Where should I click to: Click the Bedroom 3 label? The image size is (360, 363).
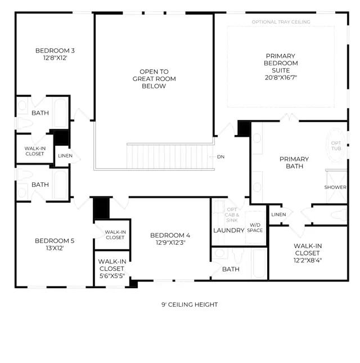coord(55,51)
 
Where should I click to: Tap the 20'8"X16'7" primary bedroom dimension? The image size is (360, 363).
coord(281,78)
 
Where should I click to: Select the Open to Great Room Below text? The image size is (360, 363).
coord(154,79)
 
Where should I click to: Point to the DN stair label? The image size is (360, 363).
coord(220,156)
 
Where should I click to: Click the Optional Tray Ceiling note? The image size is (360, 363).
coord(281,22)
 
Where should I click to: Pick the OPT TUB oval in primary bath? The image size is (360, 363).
coord(336,145)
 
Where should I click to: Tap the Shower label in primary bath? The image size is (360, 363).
coord(335,187)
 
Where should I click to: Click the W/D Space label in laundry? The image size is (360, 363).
coord(255,227)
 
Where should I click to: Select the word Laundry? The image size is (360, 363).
coord(229,230)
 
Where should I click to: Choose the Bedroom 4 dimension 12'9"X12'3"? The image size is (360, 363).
coord(170,243)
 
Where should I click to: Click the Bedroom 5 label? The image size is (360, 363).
coord(55,241)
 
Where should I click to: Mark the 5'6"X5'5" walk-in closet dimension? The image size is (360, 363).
coord(112,276)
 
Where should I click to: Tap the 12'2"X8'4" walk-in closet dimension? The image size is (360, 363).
coord(308,260)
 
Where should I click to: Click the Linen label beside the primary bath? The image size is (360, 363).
coord(278,214)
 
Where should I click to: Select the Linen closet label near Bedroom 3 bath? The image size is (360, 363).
coord(65,156)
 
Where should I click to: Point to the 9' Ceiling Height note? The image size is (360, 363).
coord(190,304)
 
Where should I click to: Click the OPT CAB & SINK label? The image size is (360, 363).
coord(232,215)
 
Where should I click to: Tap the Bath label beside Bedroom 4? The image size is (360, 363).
coord(231,269)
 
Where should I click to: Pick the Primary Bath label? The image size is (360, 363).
coord(294,163)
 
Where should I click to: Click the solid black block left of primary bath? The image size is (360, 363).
coord(244,128)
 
